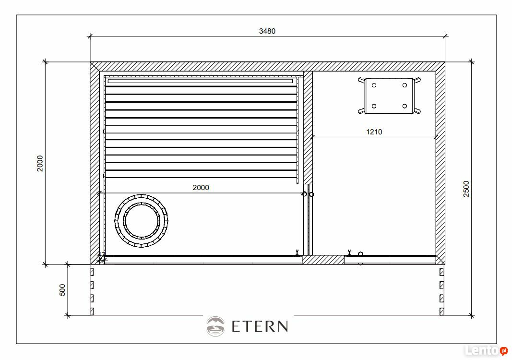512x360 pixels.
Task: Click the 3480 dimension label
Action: (x=267, y=31)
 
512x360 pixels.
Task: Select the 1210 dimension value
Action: (x=374, y=132)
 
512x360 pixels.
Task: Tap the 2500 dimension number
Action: (x=466, y=189)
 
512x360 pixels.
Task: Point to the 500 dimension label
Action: (x=62, y=290)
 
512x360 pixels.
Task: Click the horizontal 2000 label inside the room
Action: (x=201, y=188)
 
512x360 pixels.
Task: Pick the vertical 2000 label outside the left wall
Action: (x=40, y=163)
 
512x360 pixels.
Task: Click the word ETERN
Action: (x=260, y=326)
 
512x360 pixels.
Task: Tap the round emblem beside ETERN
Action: (x=215, y=326)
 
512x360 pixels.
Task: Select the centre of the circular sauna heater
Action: (x=142, y=220)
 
